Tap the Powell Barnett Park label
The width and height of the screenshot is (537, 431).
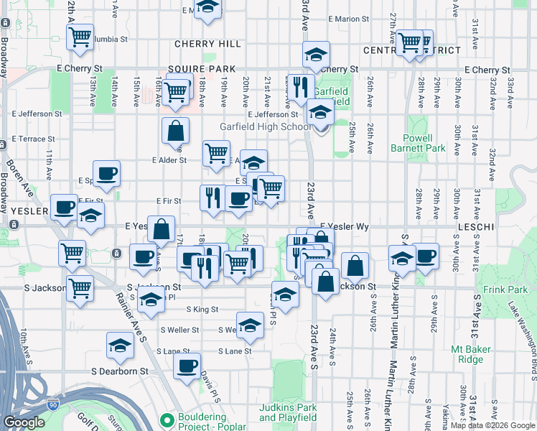pos(411,143)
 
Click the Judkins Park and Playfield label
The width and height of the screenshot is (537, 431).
pos(288,412)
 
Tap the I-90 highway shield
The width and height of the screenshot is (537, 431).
pos(53,405)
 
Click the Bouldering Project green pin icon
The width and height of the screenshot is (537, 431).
pos(168,418)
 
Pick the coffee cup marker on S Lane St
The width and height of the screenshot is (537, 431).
pos(187,365)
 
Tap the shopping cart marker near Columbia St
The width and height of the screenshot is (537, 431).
pos(80,36)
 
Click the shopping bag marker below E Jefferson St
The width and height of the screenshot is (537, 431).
pos(175,131)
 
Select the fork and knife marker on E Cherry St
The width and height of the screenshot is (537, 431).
pos(300,86)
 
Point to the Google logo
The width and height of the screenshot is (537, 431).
pos(24,422)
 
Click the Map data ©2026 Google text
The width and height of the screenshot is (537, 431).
pos(492,425)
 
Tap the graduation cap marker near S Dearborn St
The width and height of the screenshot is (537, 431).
pos(120,346)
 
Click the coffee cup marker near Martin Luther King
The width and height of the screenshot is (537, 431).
pos(425,256)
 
